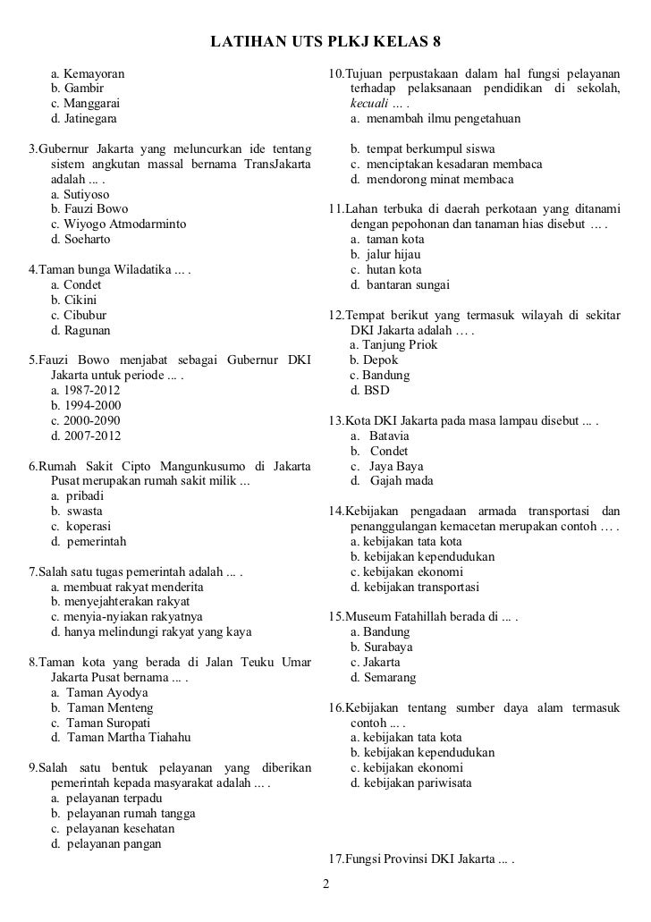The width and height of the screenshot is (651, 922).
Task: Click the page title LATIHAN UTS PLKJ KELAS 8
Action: point(325,43)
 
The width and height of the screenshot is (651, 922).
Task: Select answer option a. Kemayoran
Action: point(88,72)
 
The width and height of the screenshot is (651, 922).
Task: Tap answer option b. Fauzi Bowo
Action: point(89,208)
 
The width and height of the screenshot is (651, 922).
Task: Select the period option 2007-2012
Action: point(86,436)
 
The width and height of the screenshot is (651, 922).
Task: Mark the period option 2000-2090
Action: point(86,421)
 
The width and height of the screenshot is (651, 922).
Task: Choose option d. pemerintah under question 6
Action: point(89,541)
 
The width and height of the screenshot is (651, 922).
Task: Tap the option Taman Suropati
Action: point(101,723)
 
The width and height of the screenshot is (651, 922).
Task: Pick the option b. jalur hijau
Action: point(385,255)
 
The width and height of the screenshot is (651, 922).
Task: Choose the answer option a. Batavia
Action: point(379,436)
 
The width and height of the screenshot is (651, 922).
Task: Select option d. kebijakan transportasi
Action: point(414,587)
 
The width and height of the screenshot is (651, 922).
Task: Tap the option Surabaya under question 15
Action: point(382,647)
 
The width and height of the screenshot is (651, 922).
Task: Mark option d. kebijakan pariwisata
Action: point(411,783)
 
